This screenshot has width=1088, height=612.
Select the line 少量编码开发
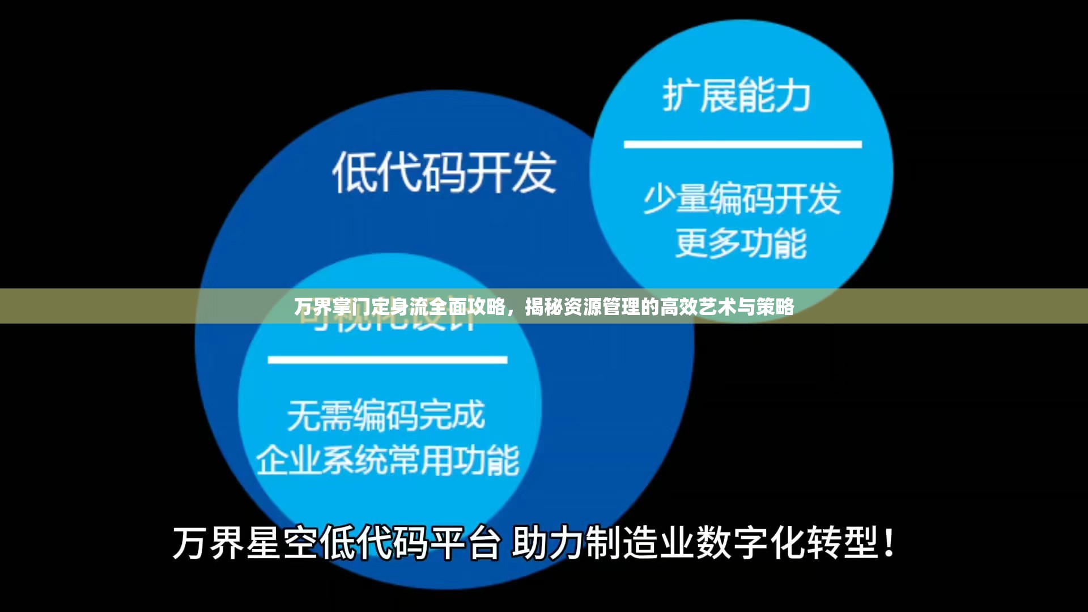742,199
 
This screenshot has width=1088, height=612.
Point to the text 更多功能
741,244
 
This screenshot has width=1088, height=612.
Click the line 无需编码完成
386,415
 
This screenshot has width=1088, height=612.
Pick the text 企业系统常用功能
388,460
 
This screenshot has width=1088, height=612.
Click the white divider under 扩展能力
742,144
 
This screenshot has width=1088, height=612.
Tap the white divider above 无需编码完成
387,360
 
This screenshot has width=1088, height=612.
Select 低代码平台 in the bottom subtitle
409,543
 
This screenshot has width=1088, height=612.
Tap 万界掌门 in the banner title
331,307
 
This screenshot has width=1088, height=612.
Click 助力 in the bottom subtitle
548,543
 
